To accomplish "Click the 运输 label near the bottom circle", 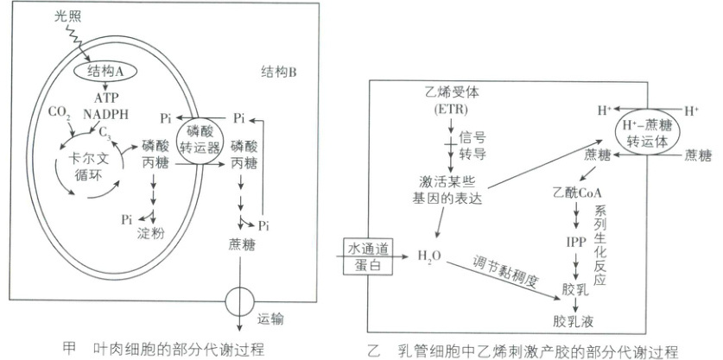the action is (270, 319).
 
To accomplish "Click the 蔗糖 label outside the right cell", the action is (697, 155).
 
